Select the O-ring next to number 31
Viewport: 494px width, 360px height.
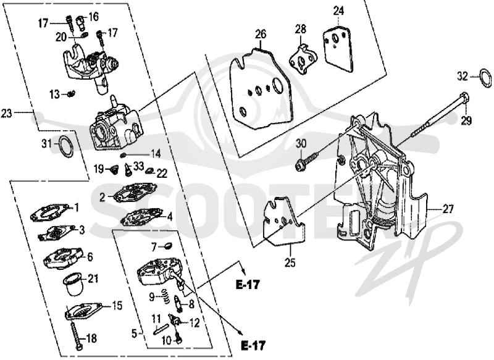[61, 146]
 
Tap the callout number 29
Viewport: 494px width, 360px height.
[466, 120]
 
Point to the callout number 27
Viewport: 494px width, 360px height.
[448, 209]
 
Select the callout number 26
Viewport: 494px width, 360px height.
[261, 34]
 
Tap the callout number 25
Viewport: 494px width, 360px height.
[290, 262]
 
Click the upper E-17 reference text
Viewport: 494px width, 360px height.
[248, 285]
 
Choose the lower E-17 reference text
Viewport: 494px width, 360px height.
[253, 346]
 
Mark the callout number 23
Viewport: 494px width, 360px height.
[7, 113]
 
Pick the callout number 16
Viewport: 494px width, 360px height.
[93, 17]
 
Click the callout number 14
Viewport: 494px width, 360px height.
[155, 154]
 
